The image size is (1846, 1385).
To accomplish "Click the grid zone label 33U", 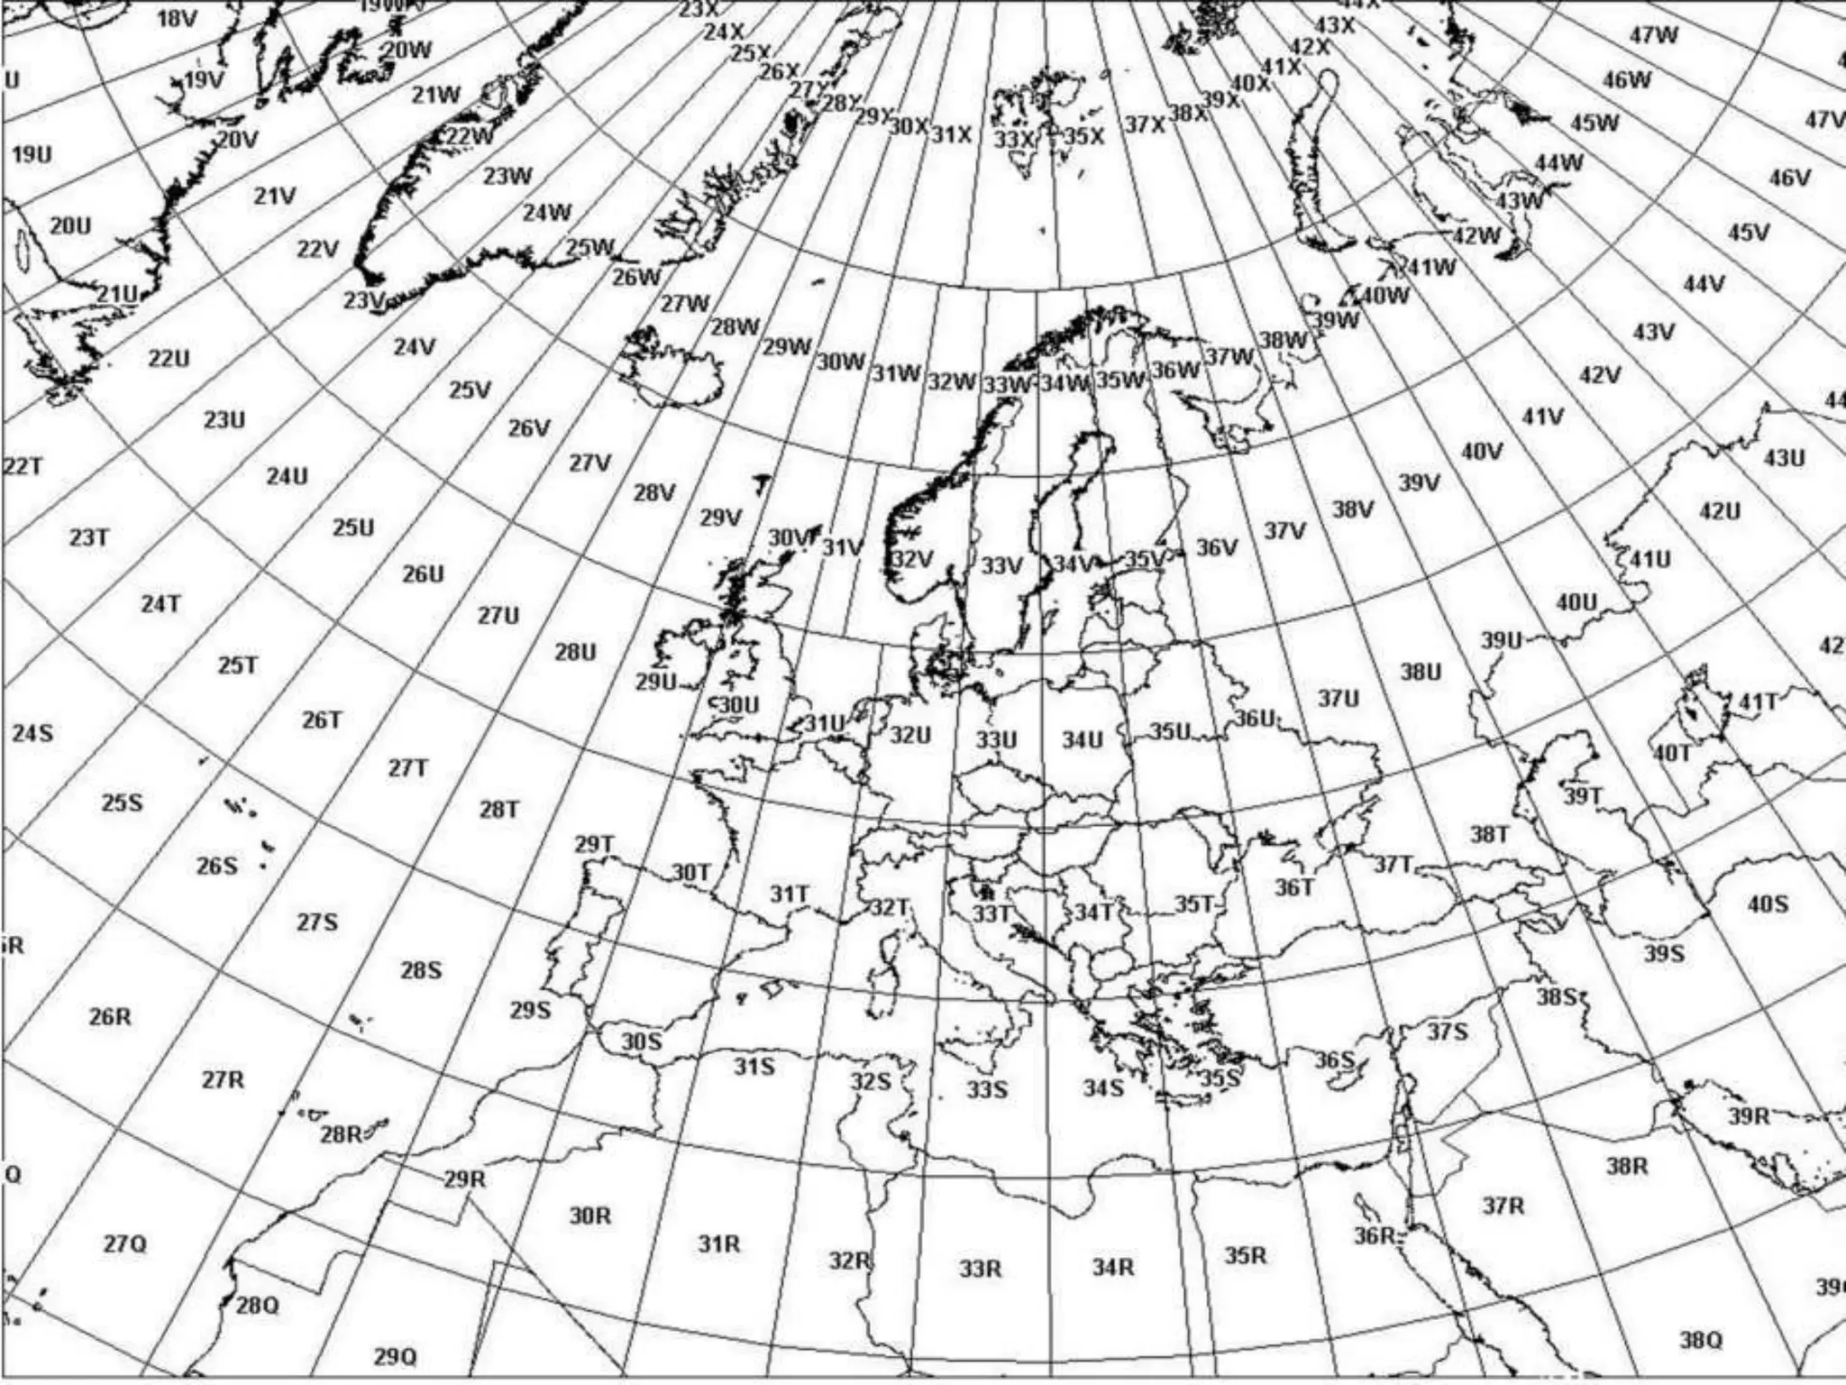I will (996, 740).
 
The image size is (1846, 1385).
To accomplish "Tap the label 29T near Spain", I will (594, 845).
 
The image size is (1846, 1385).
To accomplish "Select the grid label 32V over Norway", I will (912, 560).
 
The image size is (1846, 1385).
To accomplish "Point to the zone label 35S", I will (1221, 1078).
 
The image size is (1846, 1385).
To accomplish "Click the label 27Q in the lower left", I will (124, 1244).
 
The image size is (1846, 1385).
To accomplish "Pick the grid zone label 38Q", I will (1700, 1340).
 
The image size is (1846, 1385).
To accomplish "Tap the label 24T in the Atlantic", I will (160, 603).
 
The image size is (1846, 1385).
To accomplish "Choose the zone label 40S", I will (1768, 903).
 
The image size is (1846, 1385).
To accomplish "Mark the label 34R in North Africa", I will (1113, 1267).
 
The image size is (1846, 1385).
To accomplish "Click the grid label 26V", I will (528, 428).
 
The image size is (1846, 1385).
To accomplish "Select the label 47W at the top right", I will (1654, 35).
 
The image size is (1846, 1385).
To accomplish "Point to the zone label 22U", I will (169, 358).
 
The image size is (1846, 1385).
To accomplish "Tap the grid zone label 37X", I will (1145, 124).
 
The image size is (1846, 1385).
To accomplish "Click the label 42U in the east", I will (1719, 511).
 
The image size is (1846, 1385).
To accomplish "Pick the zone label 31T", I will (789, 894).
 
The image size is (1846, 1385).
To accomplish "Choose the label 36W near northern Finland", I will (1176, 370).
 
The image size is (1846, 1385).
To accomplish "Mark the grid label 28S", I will (422, 970).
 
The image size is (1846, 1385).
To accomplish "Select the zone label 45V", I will (1748, 233).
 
